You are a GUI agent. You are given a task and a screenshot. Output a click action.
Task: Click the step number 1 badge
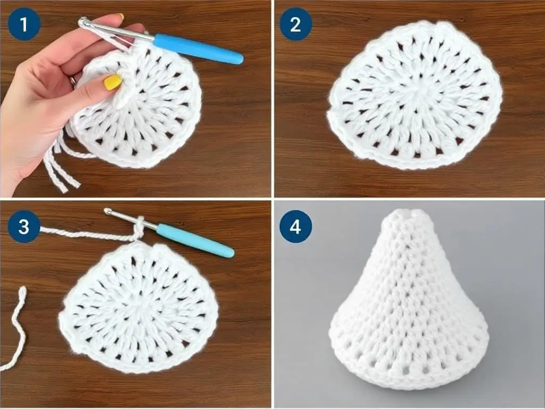[24, 24]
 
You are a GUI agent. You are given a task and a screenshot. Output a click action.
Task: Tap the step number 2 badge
[295, 24]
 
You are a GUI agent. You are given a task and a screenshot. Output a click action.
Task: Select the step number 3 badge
[24, 226]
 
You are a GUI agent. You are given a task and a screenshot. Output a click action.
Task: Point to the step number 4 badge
[295, 226]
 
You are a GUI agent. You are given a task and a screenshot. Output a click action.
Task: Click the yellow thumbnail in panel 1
[113, 83]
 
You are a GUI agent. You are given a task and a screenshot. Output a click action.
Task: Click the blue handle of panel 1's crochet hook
[198, 48]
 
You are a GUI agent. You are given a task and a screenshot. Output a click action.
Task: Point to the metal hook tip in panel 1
[82, 22]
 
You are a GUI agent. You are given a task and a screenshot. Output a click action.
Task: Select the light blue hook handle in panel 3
[195, 241]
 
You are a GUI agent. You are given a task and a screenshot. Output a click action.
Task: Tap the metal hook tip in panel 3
[108, 211]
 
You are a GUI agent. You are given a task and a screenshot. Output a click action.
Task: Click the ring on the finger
[72, 81]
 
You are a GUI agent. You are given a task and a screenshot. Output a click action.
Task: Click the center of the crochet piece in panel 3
[138, 307]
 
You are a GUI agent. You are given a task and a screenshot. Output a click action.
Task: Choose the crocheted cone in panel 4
[409, 299]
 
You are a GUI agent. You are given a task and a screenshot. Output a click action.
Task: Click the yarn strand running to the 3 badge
[87, 234]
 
